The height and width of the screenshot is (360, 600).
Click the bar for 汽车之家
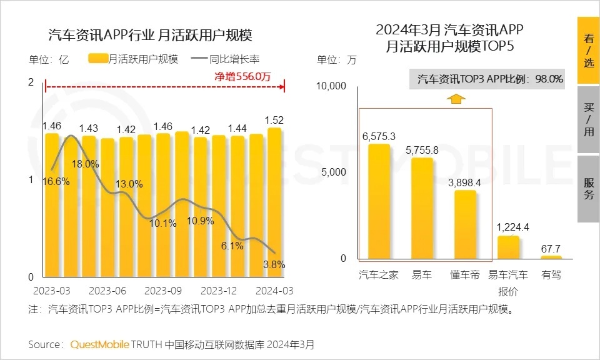point(379,201)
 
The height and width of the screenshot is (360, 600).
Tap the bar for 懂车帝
point(465,224)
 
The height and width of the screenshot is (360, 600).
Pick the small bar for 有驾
point(551,257)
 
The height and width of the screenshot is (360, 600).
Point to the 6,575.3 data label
point(379,135)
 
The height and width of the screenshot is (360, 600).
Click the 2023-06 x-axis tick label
point(107,291)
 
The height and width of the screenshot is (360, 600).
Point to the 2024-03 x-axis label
point(273,291)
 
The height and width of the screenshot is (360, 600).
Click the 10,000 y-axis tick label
point(332,86)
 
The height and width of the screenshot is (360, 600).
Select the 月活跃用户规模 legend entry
point(134,59)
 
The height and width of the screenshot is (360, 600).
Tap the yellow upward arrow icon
point(456,98)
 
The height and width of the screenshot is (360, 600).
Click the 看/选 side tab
point(588,51)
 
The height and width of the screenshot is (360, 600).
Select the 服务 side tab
point(588,189)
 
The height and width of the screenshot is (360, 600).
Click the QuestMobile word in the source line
point(100,344)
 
